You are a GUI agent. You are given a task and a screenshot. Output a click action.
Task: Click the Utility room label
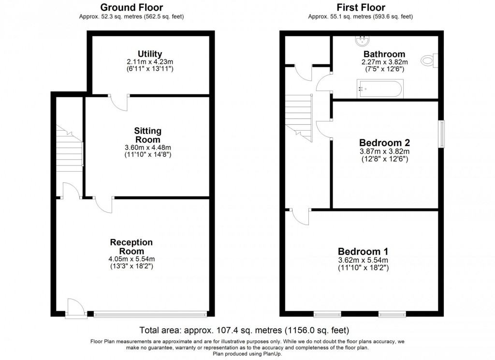[150, 54]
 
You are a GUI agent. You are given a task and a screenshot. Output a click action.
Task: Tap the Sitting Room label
[147, 135]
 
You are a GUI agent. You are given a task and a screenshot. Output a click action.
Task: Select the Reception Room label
[131, 246]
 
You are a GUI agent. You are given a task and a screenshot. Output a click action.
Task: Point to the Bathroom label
[384, 54]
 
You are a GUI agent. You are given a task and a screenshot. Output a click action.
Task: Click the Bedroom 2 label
[384, 143]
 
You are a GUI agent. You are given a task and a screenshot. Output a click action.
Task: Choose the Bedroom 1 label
[363, 251]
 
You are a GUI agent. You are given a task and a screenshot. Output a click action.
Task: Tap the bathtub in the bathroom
[380, 89]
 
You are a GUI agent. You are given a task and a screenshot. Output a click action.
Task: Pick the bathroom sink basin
[363, 40]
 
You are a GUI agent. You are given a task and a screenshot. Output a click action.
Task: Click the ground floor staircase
[70, 148]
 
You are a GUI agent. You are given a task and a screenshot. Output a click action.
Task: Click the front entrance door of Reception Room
[76, 308]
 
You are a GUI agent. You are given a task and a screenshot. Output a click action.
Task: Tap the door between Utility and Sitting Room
[118, 102]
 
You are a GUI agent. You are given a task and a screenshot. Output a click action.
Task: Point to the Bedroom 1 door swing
[300, 217]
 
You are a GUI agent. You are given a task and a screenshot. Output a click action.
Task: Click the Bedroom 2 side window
[442, 134]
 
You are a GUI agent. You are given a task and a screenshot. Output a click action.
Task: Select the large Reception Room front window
[150, 314]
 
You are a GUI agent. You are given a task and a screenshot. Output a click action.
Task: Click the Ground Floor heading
[131, 7]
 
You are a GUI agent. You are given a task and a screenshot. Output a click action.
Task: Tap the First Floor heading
[361, 7]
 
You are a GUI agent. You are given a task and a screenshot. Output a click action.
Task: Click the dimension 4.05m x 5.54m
[131, 259]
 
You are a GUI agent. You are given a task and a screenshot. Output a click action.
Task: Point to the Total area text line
[244, 330]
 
